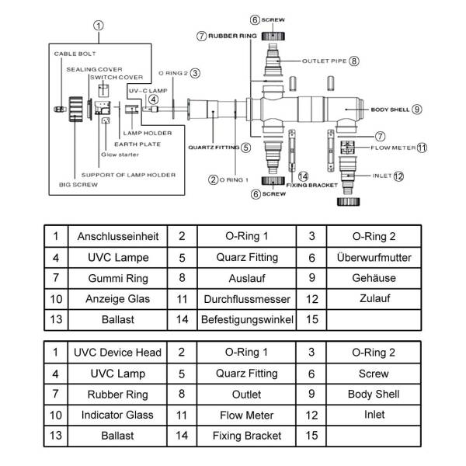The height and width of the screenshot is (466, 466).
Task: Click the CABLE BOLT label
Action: (75, 54)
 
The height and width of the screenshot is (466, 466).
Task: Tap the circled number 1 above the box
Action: (99, 26)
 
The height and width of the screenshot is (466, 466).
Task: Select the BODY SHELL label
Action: (390, 110)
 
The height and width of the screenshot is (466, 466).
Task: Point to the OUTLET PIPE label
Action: (324, 61)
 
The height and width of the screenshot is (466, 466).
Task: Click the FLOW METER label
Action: (393, 148)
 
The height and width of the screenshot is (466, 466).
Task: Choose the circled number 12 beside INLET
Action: (398, 176)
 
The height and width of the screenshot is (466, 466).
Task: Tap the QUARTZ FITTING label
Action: (214, 148)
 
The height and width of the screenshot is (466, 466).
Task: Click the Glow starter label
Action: (120, 155)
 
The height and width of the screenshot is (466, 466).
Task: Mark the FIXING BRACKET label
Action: (311, 185)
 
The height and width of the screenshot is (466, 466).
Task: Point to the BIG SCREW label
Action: (78, 185)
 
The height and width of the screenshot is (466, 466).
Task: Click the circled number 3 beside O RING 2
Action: (195, 73)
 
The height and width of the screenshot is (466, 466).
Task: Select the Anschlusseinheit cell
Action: (118, 236)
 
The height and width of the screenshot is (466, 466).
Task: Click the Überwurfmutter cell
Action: (374, 257)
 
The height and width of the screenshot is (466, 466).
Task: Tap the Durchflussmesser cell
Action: (247, 299)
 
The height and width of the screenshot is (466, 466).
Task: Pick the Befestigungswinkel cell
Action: (247, 320)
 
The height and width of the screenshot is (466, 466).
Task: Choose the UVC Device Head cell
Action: (117, 353)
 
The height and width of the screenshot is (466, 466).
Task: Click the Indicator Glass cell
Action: (117, 415)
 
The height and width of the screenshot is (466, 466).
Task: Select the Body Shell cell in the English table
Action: (374, 394)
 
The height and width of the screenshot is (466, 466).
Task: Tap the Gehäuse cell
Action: (374, 278)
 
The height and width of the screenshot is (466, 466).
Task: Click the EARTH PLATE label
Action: (137, 144)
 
